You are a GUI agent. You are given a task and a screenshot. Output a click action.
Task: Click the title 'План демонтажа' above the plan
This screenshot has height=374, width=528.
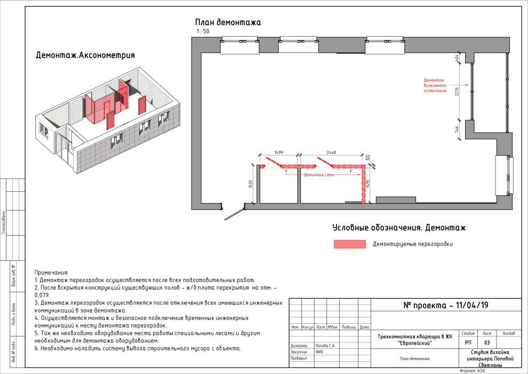228,22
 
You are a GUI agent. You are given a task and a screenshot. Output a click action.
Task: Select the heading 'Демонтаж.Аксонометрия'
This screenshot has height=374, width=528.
85,55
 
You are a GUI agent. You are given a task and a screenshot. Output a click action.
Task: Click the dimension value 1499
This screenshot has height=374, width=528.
278,153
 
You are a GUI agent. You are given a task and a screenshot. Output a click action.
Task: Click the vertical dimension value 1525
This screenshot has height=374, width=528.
251,184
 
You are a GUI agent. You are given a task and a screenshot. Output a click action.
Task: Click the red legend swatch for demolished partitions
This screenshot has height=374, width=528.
349,244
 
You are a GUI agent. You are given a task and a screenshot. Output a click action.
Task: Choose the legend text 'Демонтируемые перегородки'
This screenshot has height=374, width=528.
413,244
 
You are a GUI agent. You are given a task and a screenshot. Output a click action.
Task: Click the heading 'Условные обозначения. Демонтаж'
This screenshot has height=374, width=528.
399,228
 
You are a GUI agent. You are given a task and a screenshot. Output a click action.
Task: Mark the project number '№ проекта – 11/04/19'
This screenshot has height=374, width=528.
446,306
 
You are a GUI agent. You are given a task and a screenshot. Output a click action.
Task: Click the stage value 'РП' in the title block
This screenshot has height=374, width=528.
468,342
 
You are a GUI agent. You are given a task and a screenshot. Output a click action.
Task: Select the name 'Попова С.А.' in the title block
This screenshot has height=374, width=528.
325,346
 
